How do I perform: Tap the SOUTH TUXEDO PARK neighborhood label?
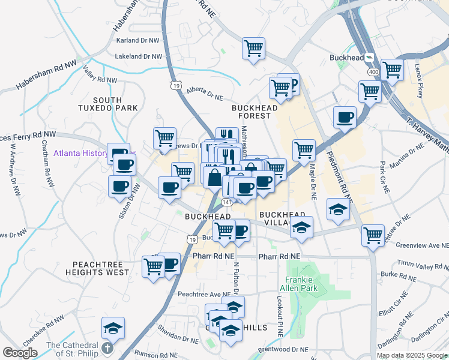[x=116, y=104]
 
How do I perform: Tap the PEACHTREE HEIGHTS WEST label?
[x=101, y=268]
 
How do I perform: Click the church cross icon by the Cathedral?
[x=107, y=348]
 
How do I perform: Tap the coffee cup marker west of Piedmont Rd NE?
[x=345, y=116]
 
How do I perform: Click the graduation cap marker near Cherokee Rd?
[x=113, y=328]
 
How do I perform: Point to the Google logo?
[x=20, y=353]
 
